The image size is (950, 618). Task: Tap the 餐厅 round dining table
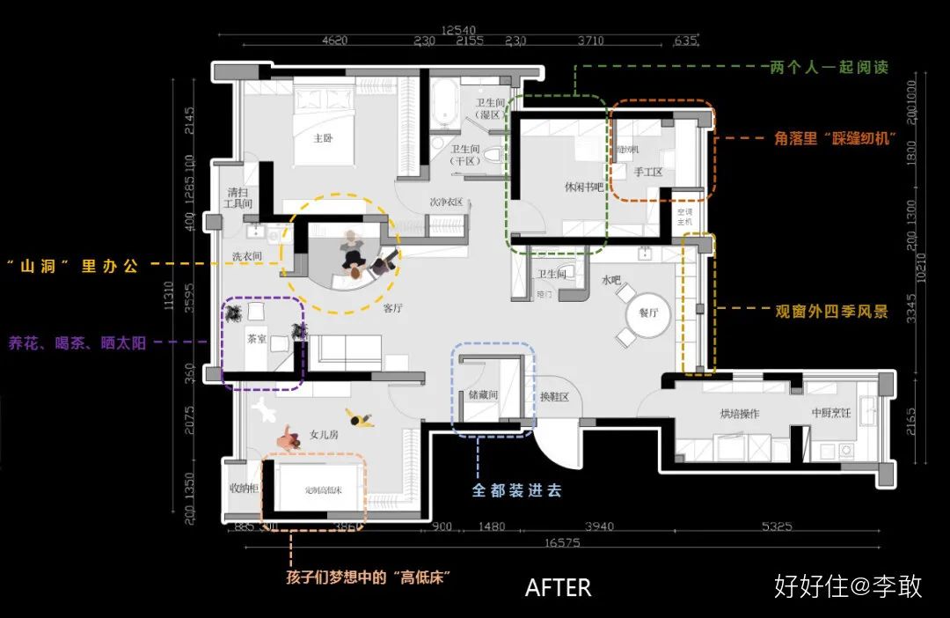[647, 313]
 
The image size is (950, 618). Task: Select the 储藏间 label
[483, 396]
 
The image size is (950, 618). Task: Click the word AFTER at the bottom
[558, 587]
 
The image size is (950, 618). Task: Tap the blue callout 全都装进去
[516, 490]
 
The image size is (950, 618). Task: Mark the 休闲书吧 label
[584, 188]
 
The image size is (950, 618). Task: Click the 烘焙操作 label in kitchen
[739, 414]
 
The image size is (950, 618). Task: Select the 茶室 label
[257, 337]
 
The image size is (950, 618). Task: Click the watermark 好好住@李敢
[848, 586]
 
